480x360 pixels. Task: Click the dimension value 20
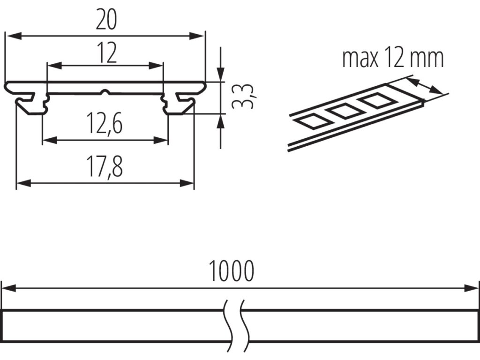coord(106,20)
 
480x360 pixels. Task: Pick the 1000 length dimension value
coord(232,271)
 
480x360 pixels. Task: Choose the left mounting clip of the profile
coord(32,104)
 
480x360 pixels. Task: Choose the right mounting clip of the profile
coord(180,104)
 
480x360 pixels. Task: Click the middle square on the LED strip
coord(345,111)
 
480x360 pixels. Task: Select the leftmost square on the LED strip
coord(310,120)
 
